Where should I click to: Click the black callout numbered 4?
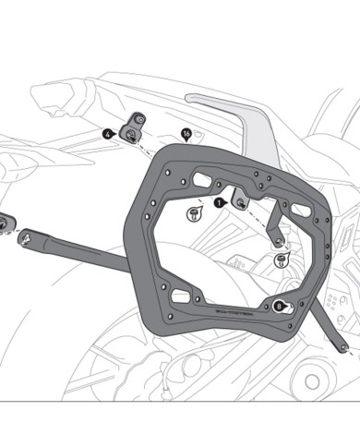(x=108, y=133)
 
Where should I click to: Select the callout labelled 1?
(x=219, y=199)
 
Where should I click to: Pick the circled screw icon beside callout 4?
(x=131, y=136)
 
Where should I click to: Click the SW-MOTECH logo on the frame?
(x=239, y=316)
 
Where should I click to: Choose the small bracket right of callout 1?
(x=242, y=198)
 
